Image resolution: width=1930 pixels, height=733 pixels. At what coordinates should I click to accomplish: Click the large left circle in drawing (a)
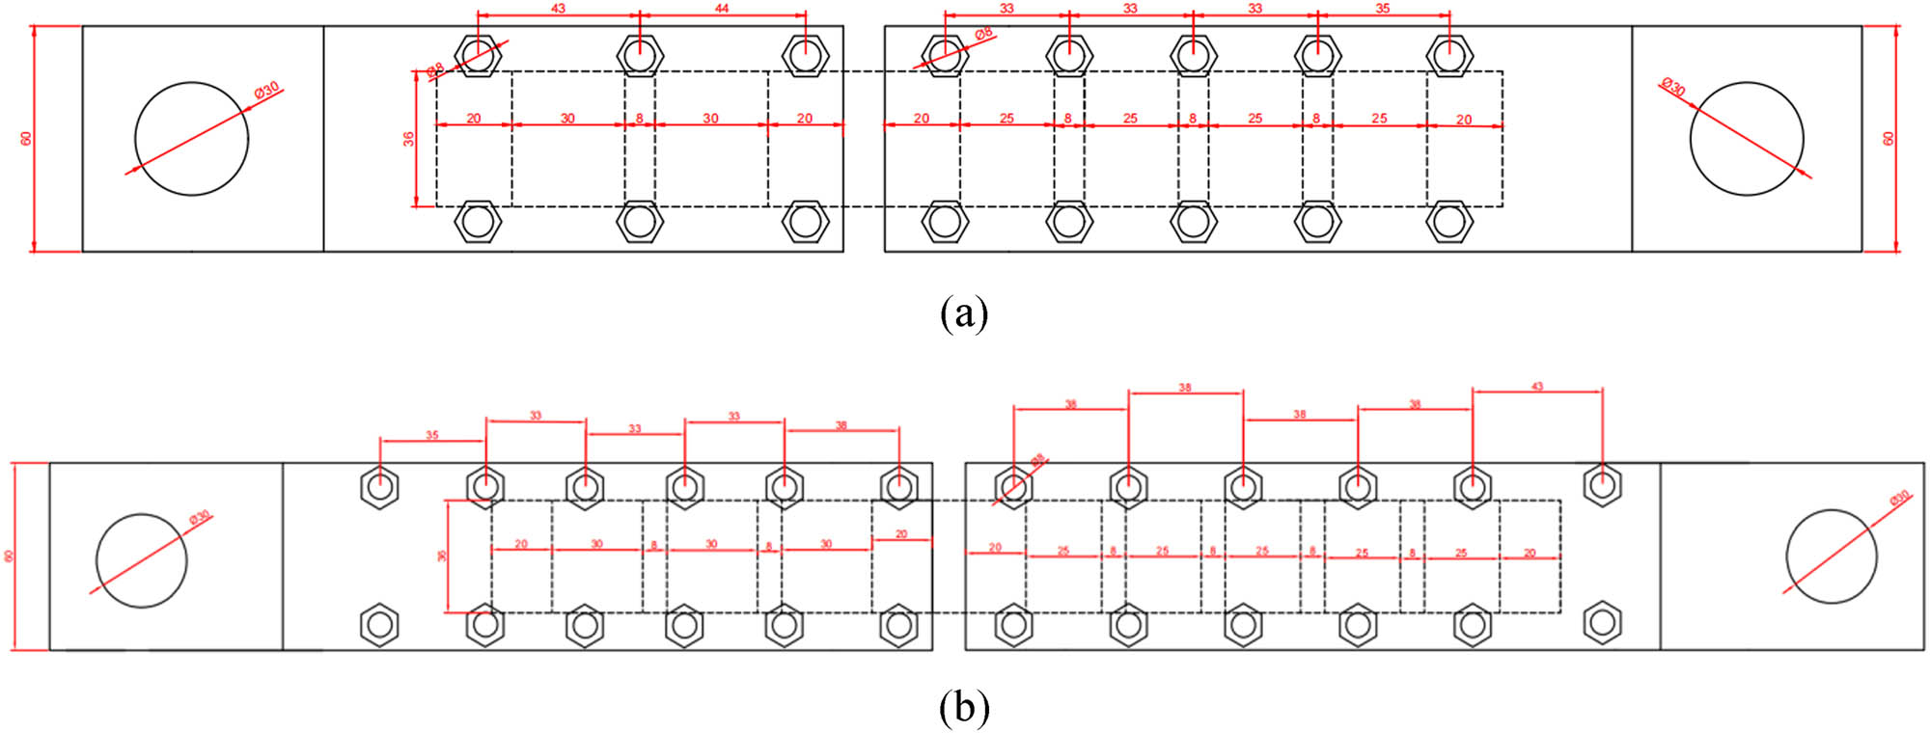(191, 138)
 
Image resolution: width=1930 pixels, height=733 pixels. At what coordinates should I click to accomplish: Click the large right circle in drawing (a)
(1747, 138)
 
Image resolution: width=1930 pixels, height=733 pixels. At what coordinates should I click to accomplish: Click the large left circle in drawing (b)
(141, 560)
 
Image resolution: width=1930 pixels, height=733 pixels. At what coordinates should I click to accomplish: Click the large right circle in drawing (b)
(1831, 557)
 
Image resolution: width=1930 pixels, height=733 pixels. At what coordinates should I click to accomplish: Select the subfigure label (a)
(963, 313)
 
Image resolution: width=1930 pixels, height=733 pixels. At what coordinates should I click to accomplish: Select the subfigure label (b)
(963, 708)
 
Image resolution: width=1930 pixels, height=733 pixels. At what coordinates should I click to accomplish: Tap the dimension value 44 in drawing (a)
(722, 8)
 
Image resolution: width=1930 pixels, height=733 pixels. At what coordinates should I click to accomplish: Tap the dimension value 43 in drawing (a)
(558, 8)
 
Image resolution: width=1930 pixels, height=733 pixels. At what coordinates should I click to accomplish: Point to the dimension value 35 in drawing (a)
(1382, 8)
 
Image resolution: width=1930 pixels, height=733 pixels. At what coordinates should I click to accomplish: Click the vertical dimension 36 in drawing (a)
(409, 139)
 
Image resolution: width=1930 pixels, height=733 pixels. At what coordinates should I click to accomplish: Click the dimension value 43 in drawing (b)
(1536, 386)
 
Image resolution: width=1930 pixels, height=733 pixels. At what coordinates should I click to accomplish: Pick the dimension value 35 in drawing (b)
(431, 435)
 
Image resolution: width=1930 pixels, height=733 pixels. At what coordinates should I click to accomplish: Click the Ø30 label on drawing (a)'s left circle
(266, 89)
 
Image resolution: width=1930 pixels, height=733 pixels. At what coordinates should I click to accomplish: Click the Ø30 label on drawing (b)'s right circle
(1899, 498)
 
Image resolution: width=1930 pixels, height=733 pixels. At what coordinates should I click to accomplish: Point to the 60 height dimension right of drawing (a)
(1889, 138)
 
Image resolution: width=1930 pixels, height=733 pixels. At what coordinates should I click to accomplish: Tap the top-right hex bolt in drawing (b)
(1602, 485)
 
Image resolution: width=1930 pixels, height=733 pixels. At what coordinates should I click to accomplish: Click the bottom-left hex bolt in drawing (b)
(379, 625)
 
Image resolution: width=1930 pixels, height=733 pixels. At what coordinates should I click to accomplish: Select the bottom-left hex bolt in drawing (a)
(477, 223)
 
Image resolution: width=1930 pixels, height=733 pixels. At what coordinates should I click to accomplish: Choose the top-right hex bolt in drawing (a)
(1448, 55)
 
